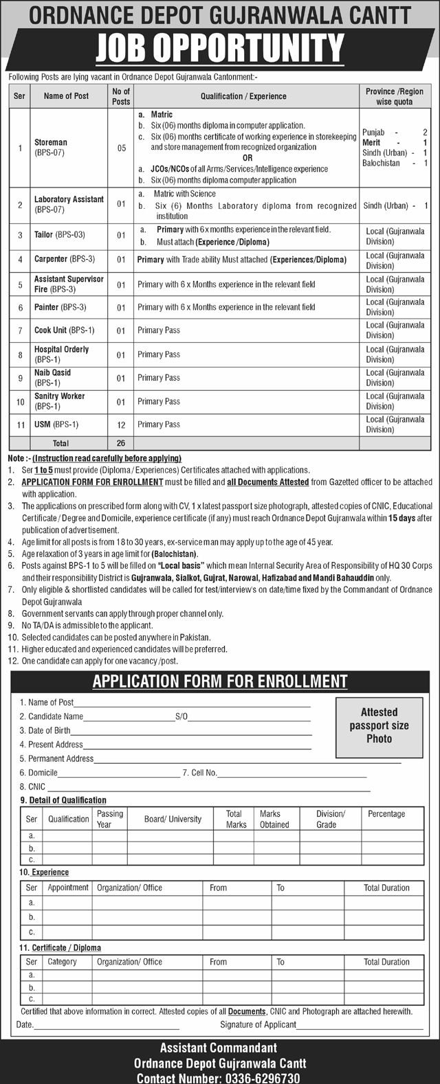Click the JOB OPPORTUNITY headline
220,49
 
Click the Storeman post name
51,143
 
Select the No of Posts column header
121,96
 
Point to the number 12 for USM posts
121,425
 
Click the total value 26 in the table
121,444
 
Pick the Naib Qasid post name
52,372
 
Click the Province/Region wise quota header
395,96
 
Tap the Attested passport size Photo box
379,725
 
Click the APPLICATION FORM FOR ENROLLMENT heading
220,681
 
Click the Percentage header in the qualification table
386,814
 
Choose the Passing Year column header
110,819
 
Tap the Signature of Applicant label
258,1024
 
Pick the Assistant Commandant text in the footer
219,1048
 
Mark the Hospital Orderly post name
61,349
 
